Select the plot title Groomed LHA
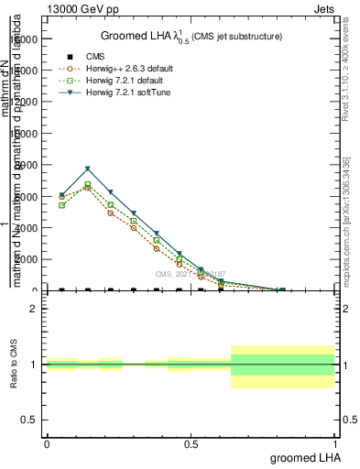click(191, 36)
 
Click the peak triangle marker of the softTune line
click(87, 169)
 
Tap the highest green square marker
click(87, 185)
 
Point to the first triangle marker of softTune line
click(61, 195)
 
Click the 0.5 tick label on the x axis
click(191, 443)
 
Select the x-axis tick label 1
click(336, 443)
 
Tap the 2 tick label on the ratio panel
click(33, 309)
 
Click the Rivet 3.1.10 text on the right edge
click(345, 64)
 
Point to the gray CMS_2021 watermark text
click(190, 274)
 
